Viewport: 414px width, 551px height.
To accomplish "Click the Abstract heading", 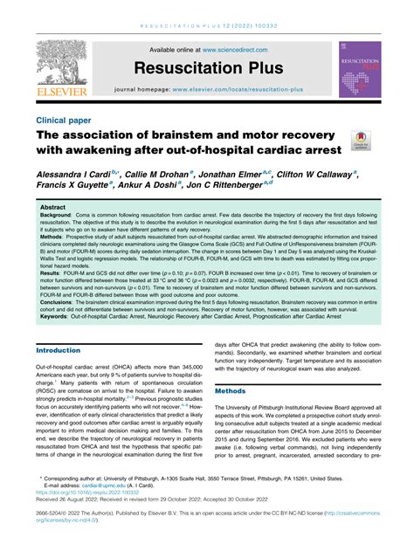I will point(54,209).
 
